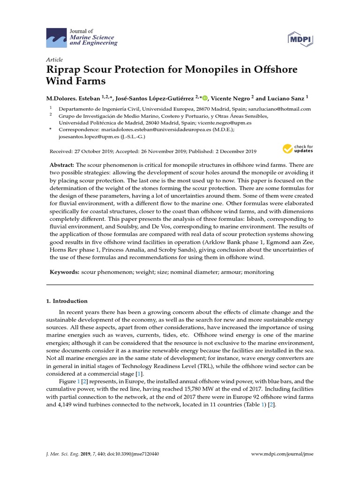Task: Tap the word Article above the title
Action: pos(54,60)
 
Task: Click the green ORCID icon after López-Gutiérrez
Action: pos(204,98)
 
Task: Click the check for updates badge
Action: pos(298,149)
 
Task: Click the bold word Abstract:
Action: pos(62,166)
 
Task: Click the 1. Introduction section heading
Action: pos(70,301)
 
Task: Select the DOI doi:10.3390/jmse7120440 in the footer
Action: pos(140,455)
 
